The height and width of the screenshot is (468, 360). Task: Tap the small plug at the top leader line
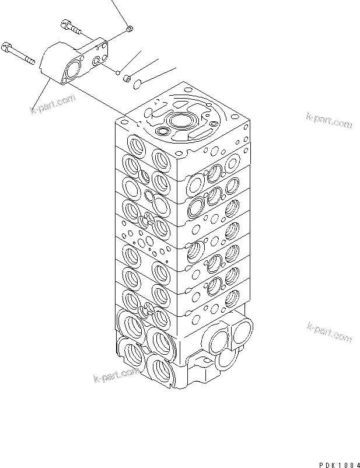(x=130, y=27)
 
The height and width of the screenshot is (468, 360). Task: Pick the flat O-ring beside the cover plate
(x=137, y=85)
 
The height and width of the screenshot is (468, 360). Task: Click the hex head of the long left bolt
(x=8, y=45)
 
